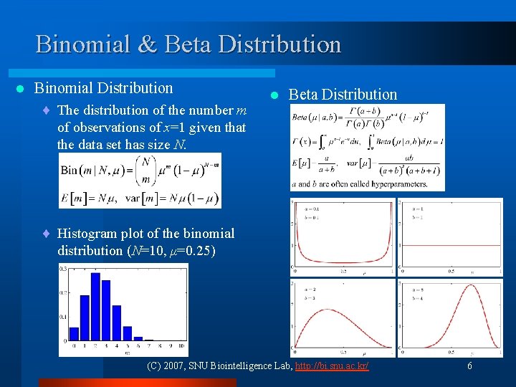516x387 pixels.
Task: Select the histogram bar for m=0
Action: pos(73,333)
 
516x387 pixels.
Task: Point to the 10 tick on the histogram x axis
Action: pos(181,345)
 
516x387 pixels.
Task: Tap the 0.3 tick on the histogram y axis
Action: pos(63,268)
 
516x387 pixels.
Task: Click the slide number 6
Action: pos(469,365)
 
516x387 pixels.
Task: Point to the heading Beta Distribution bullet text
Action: pos(342,95)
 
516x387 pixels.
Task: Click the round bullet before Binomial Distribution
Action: pos(21,89)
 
